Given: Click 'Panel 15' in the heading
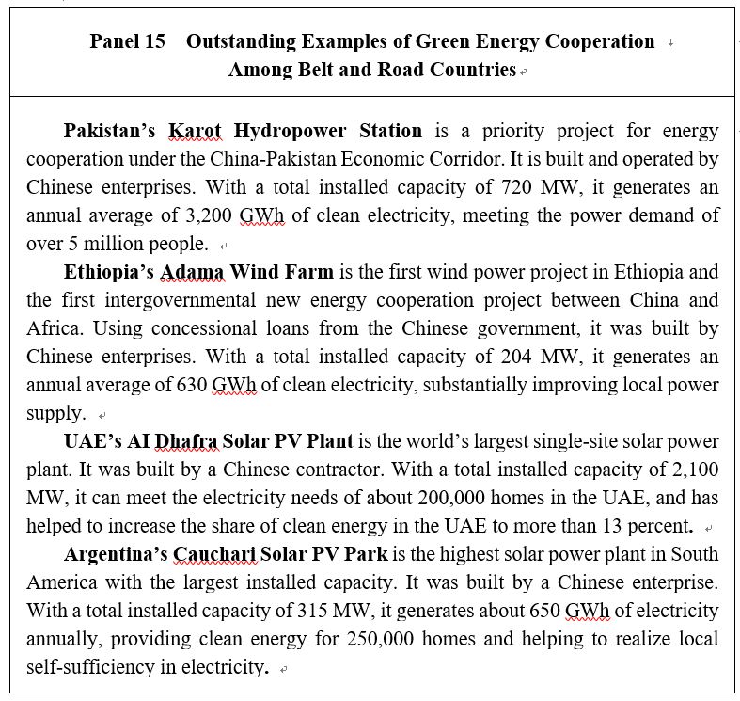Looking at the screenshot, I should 127,41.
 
